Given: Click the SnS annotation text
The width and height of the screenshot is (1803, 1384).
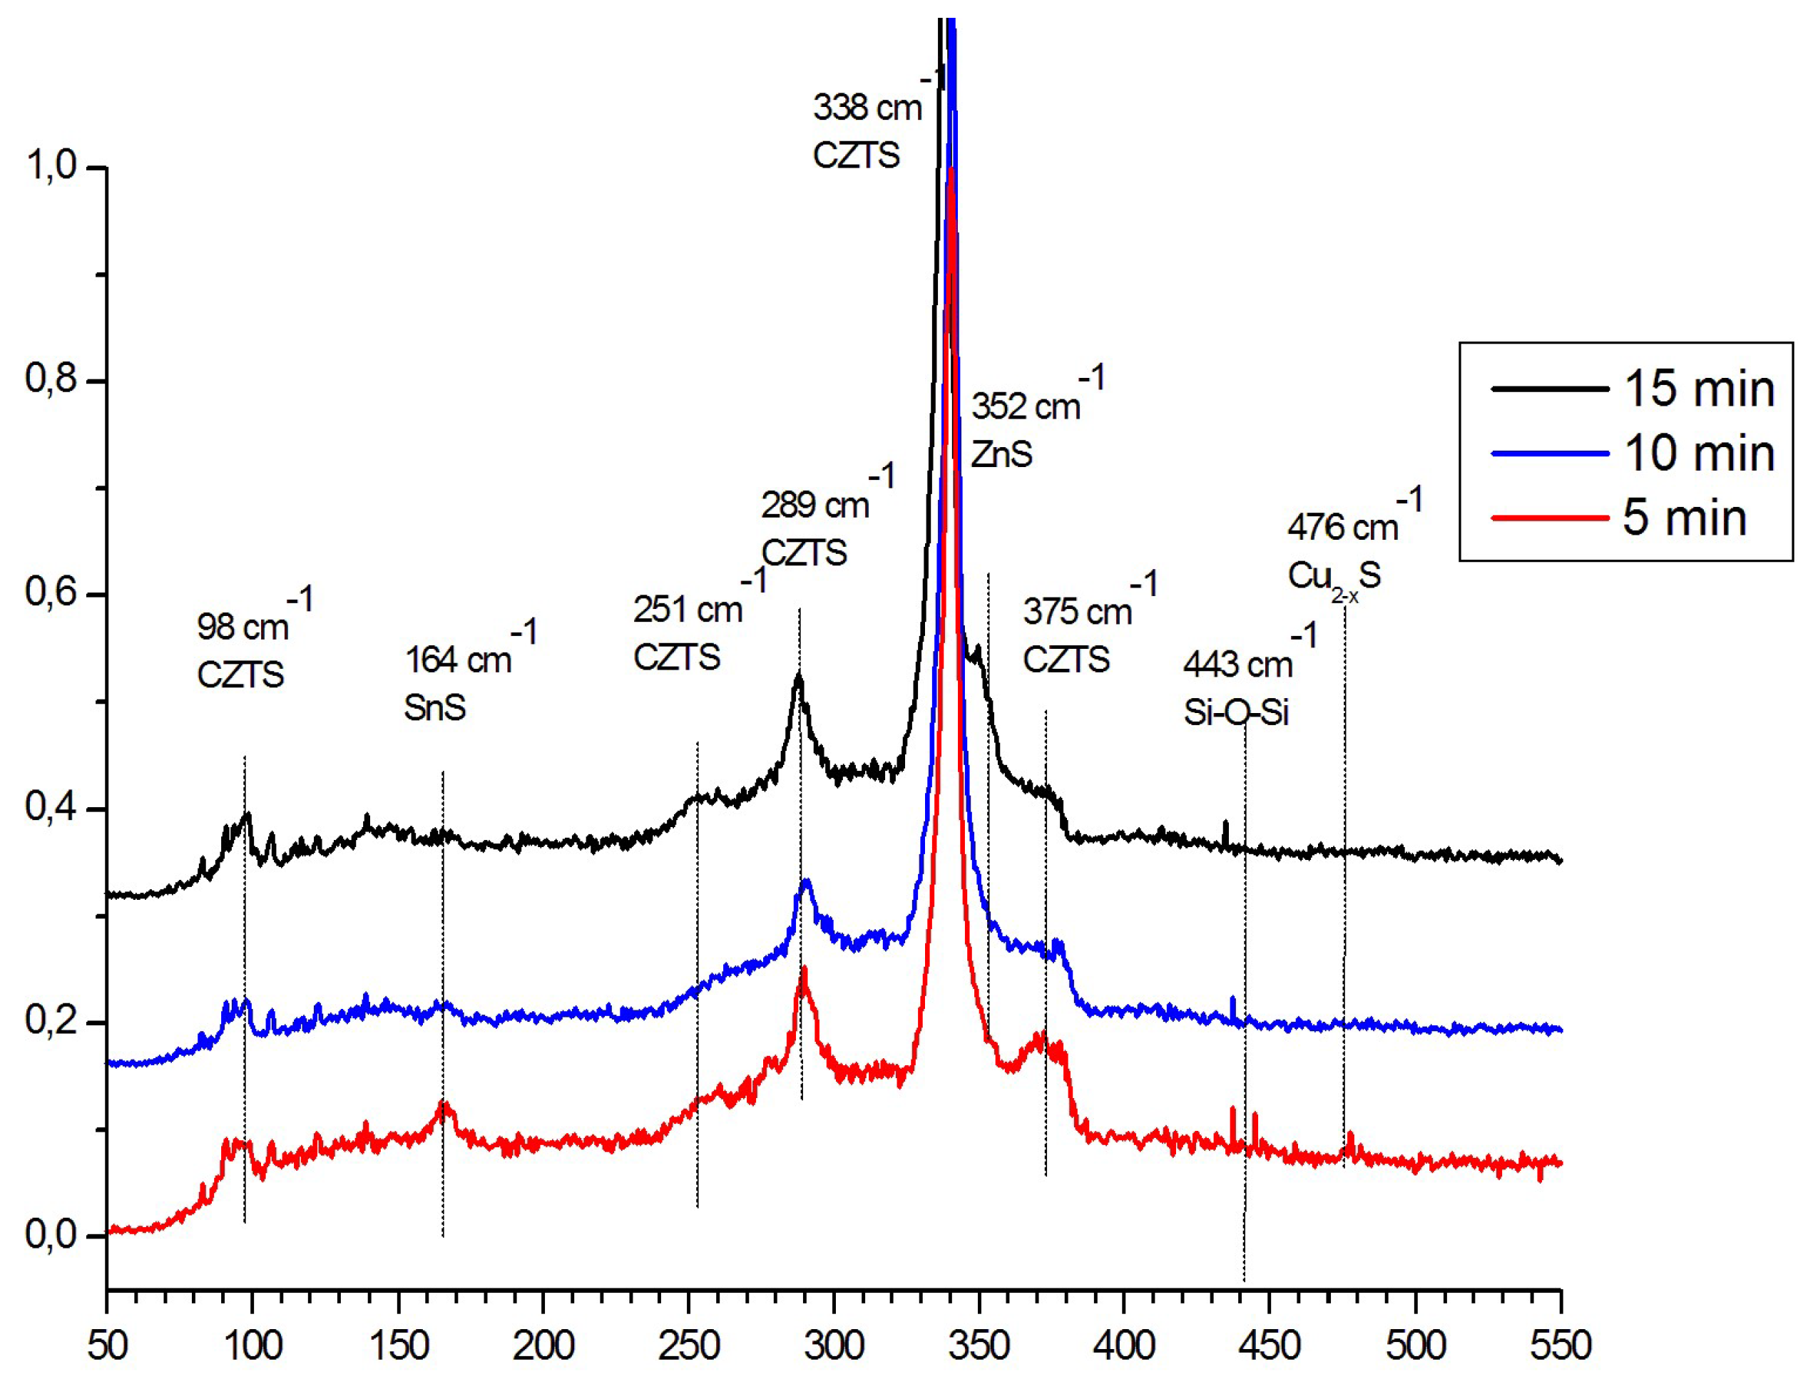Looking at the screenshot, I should (434, 707).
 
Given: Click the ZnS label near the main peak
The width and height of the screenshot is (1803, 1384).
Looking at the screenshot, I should (1001, 454).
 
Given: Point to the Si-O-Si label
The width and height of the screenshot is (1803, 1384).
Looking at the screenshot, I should (1235, 712).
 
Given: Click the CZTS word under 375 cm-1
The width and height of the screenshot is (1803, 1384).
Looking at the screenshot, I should (1066, 659).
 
